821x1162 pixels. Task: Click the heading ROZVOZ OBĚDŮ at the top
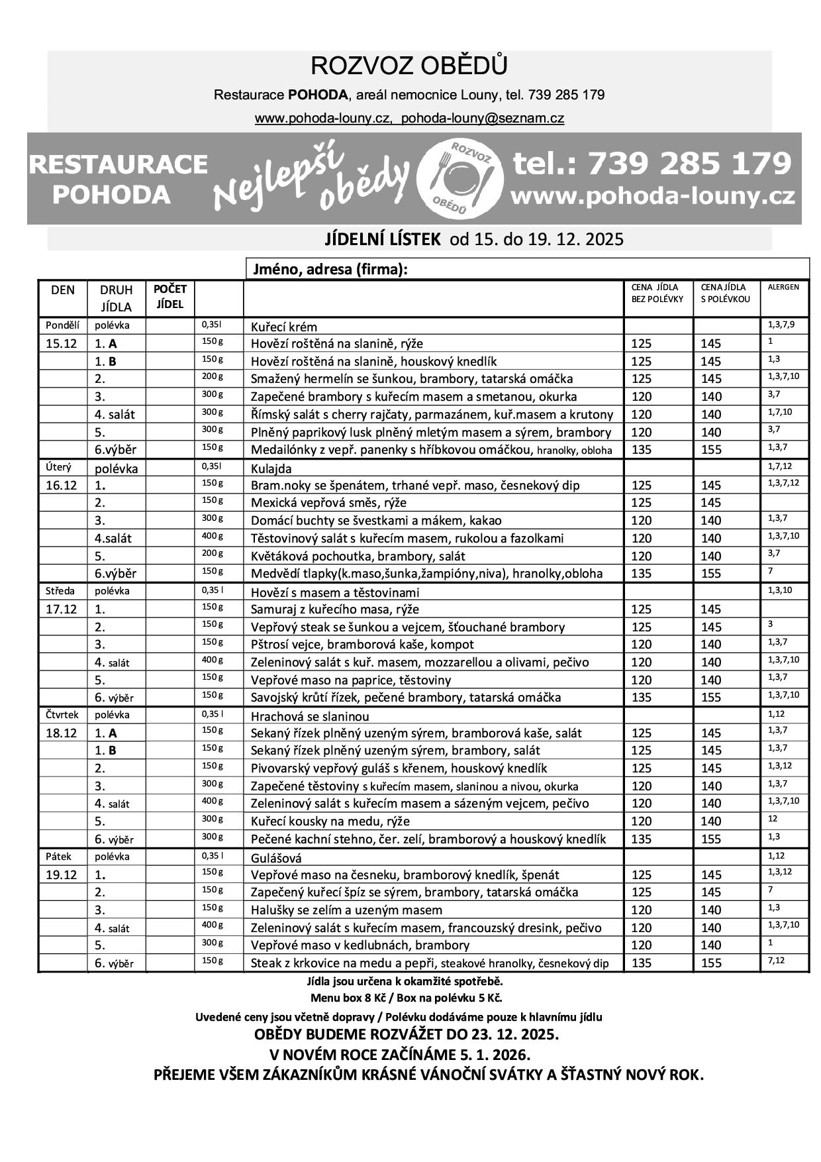409,66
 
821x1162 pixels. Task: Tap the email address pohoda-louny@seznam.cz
483,119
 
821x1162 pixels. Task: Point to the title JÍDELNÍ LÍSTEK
382,238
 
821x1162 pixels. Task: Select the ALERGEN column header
783,288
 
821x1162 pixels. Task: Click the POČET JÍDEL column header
170,297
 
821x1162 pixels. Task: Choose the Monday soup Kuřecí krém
284,327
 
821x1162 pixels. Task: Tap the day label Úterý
58,468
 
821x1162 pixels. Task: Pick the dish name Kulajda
271,468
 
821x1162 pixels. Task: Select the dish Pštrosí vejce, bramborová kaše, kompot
362,645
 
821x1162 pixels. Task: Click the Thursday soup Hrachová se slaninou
310,716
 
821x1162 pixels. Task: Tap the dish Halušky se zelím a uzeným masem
346,910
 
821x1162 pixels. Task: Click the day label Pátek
58,857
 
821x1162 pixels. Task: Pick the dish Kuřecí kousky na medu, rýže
330,821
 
